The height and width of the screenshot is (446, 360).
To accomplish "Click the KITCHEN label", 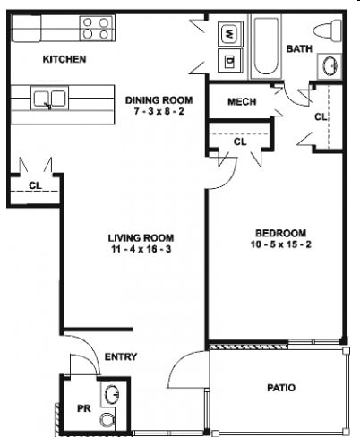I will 64,60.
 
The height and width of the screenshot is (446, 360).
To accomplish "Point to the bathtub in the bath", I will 264,48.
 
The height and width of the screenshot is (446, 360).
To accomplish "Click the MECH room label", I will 242,102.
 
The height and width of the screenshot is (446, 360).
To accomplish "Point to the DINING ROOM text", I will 159,100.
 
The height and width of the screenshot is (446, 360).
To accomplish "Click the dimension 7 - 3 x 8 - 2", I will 159,113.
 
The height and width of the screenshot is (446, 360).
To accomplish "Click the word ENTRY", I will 121,357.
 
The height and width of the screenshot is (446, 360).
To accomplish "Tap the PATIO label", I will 280,388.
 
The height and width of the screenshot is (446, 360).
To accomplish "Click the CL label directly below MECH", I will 240,142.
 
